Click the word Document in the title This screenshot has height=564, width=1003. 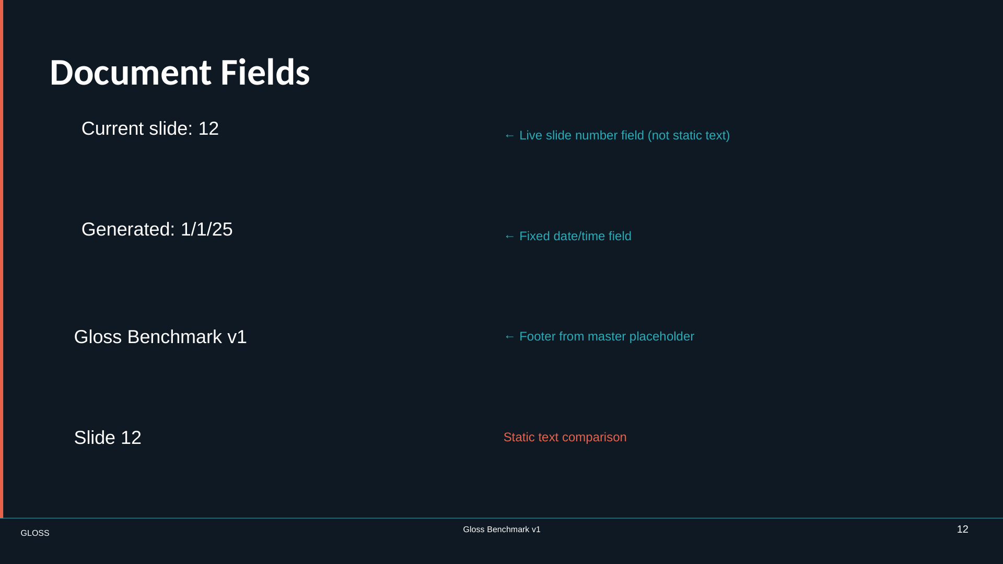131,72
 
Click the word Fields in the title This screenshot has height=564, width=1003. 265,72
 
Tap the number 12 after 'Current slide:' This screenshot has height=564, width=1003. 208,129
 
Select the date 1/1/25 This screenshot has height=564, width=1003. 206,230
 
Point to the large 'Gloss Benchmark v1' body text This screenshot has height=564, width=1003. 160,337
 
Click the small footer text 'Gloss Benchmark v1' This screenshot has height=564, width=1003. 501,530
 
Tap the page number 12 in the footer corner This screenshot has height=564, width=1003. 963,530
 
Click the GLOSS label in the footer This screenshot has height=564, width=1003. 35,533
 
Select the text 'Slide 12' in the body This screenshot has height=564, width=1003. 108,438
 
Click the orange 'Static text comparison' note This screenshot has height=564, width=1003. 565,438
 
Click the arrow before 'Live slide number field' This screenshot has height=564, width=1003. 509,136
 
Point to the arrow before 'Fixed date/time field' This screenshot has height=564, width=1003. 509,237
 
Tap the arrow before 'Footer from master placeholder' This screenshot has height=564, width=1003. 509,337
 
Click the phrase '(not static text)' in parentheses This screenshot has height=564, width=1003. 689,136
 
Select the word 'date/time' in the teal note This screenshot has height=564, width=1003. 578,237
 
